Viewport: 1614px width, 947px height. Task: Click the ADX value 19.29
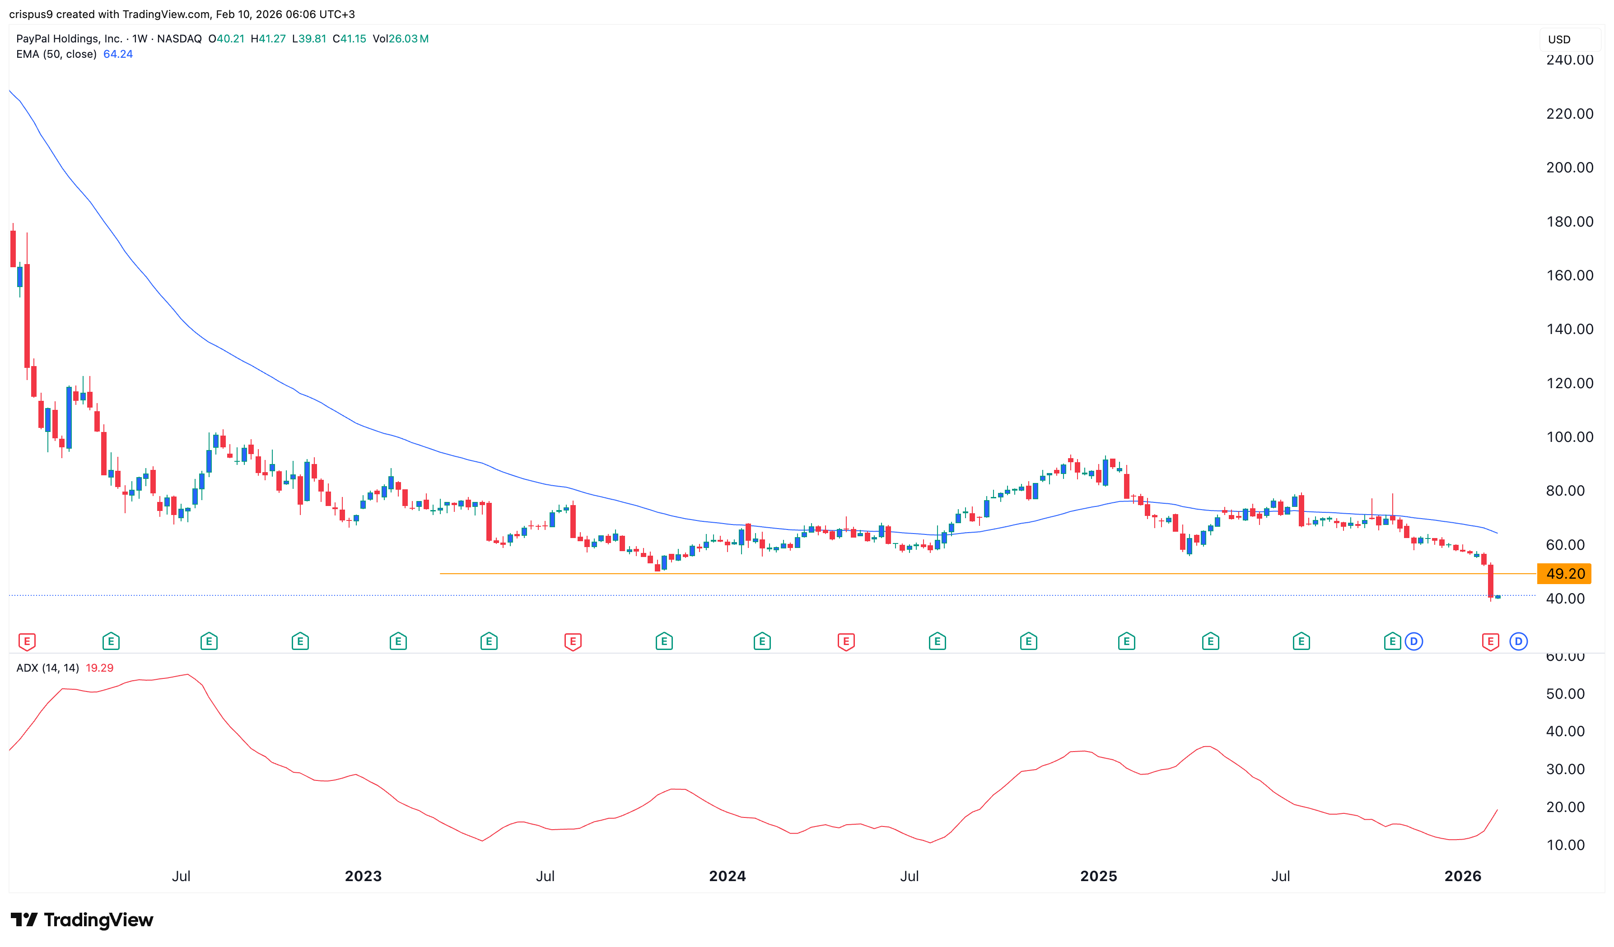coord(99,668)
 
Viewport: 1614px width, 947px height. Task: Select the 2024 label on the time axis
coord(727,876)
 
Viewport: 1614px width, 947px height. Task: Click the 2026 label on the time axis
coord(1462,876)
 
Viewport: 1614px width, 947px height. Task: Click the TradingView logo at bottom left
coord(82,920)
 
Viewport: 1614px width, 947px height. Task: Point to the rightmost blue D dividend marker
coord(1518,641)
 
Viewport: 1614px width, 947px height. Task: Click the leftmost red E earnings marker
coord(27,641)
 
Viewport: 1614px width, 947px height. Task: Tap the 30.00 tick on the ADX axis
coord(1565,770)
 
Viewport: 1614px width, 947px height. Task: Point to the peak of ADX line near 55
coord(187,674)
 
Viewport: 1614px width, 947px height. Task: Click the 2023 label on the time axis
coord(363,876)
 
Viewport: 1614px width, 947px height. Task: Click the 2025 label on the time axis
coord(1098,876)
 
